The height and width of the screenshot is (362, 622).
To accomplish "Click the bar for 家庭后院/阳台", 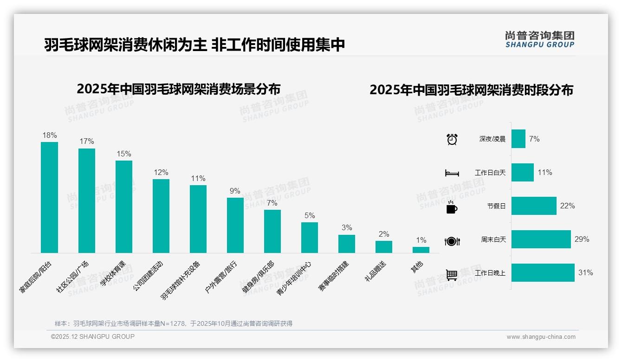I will point(49,197).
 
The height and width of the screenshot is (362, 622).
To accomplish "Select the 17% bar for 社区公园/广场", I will point(86,200).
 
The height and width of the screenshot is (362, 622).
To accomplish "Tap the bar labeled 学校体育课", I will point(123,207).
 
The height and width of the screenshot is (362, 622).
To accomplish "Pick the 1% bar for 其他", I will point(421,250).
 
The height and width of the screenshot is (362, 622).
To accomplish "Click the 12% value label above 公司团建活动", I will point(161,172).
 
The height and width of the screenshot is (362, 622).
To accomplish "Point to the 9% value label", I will point(235,191).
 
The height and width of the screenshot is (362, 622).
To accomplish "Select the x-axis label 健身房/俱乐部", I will point(258,278).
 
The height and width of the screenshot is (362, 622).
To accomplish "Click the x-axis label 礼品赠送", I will point(376,271).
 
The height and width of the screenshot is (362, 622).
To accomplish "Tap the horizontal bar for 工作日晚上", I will point(543,272).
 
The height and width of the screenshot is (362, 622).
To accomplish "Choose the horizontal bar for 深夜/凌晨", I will point(518,139).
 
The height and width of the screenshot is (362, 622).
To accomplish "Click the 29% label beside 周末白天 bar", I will point(582,239).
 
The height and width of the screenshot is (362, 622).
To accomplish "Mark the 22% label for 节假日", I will point(567,206).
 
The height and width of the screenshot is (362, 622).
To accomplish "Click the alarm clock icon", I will point(452,139).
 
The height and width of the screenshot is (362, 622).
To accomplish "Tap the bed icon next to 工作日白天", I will point(452,173).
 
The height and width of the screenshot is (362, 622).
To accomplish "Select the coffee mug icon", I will point(452,207).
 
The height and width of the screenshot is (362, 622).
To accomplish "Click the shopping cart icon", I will point(452,275).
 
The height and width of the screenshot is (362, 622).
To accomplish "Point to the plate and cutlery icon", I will point(452,241).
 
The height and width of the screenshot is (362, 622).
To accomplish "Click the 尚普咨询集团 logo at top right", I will point(539,39).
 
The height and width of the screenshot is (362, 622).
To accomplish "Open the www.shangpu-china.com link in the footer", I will point(541,337).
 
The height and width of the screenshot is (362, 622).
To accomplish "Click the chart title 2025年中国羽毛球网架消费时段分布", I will point(471,90).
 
